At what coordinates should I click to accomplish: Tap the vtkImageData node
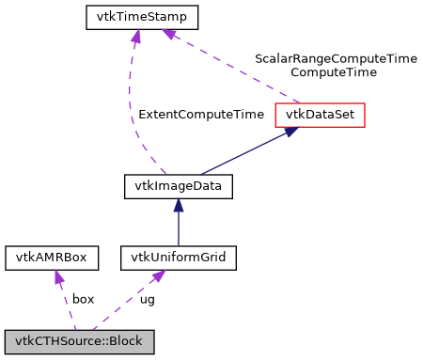click(x=179, y=186)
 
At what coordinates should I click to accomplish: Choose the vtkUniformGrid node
click(x=179, y=257)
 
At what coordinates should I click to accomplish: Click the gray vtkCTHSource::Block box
click(x=79, y=338)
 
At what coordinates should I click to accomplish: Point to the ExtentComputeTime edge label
click(x=201, y=115)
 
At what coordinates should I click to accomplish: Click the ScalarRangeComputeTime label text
click(x=336, y=58)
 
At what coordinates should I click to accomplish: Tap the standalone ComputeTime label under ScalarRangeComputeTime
click(x=334, y=71)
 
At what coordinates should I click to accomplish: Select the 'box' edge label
click(x=84, y=299)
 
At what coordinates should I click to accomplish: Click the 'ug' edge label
click(x=148, y=299)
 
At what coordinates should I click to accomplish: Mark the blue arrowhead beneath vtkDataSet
click(x=291, y=133)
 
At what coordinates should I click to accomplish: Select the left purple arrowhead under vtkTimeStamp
click(x=136, y=36)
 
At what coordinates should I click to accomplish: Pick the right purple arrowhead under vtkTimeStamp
click(x=169, y=34)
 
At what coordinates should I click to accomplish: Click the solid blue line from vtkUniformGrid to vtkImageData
click(x=179, y=227)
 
